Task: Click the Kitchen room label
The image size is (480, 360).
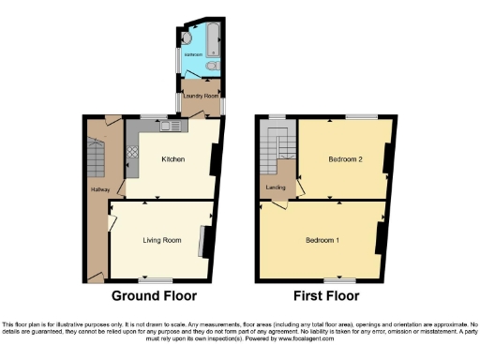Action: click(x=171, y=159)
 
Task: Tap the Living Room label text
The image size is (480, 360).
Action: click(x=161, y=241)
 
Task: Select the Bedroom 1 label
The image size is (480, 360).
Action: click(x=322, y=240)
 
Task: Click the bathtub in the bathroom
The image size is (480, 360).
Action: click(x=213, y=41)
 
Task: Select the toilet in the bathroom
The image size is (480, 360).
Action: click(x=214, y=67)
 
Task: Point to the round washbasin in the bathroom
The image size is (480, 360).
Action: click(x=187, y=38)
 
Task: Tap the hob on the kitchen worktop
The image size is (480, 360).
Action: click(x=132, y=148)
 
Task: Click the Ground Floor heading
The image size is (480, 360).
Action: click(x=155, y=297)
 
